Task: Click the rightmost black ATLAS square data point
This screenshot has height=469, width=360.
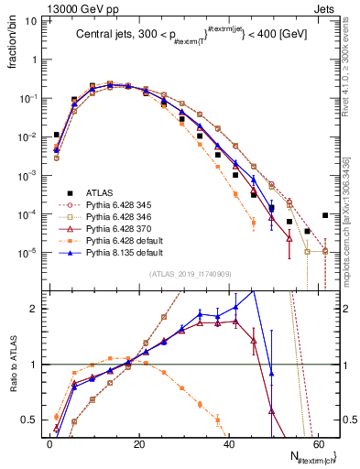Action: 326,215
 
